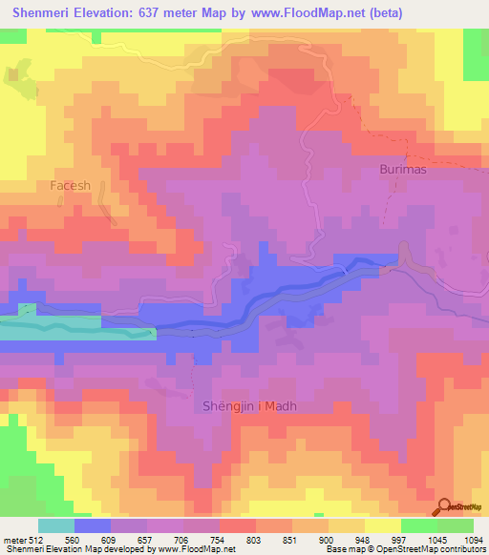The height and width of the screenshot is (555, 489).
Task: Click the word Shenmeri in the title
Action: (45, 12)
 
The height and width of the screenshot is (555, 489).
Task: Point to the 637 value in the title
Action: (146, 12)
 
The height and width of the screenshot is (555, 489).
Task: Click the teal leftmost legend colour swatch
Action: (56, 525)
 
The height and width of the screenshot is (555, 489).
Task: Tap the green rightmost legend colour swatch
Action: (456, 525)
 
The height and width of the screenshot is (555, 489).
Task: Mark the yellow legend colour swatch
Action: (383, 525)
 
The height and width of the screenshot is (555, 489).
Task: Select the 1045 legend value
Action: (417, 539)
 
